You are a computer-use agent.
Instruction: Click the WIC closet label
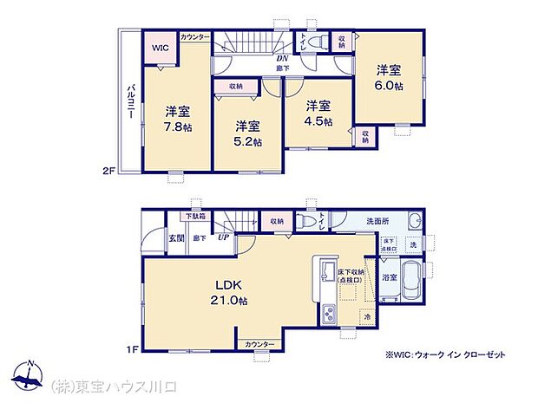point(161,49)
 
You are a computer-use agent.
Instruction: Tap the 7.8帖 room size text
point(180,127)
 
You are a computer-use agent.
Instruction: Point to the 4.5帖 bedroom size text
point(318,121)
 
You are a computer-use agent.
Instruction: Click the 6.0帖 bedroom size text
point(390,87)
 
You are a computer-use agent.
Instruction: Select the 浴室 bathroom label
point(390,277)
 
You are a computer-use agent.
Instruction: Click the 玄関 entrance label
point(176,237)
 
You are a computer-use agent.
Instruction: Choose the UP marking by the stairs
point(223,237)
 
